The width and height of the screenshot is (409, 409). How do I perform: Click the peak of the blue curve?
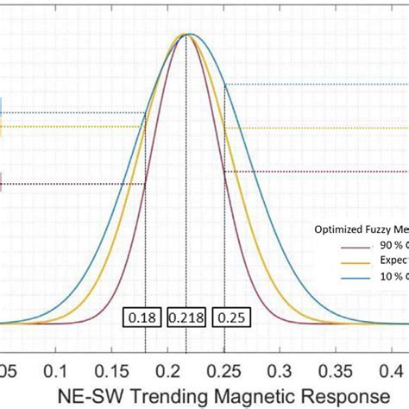190,35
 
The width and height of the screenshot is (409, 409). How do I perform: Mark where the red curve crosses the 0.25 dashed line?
224,172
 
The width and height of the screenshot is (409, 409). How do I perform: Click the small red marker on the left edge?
3,183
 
